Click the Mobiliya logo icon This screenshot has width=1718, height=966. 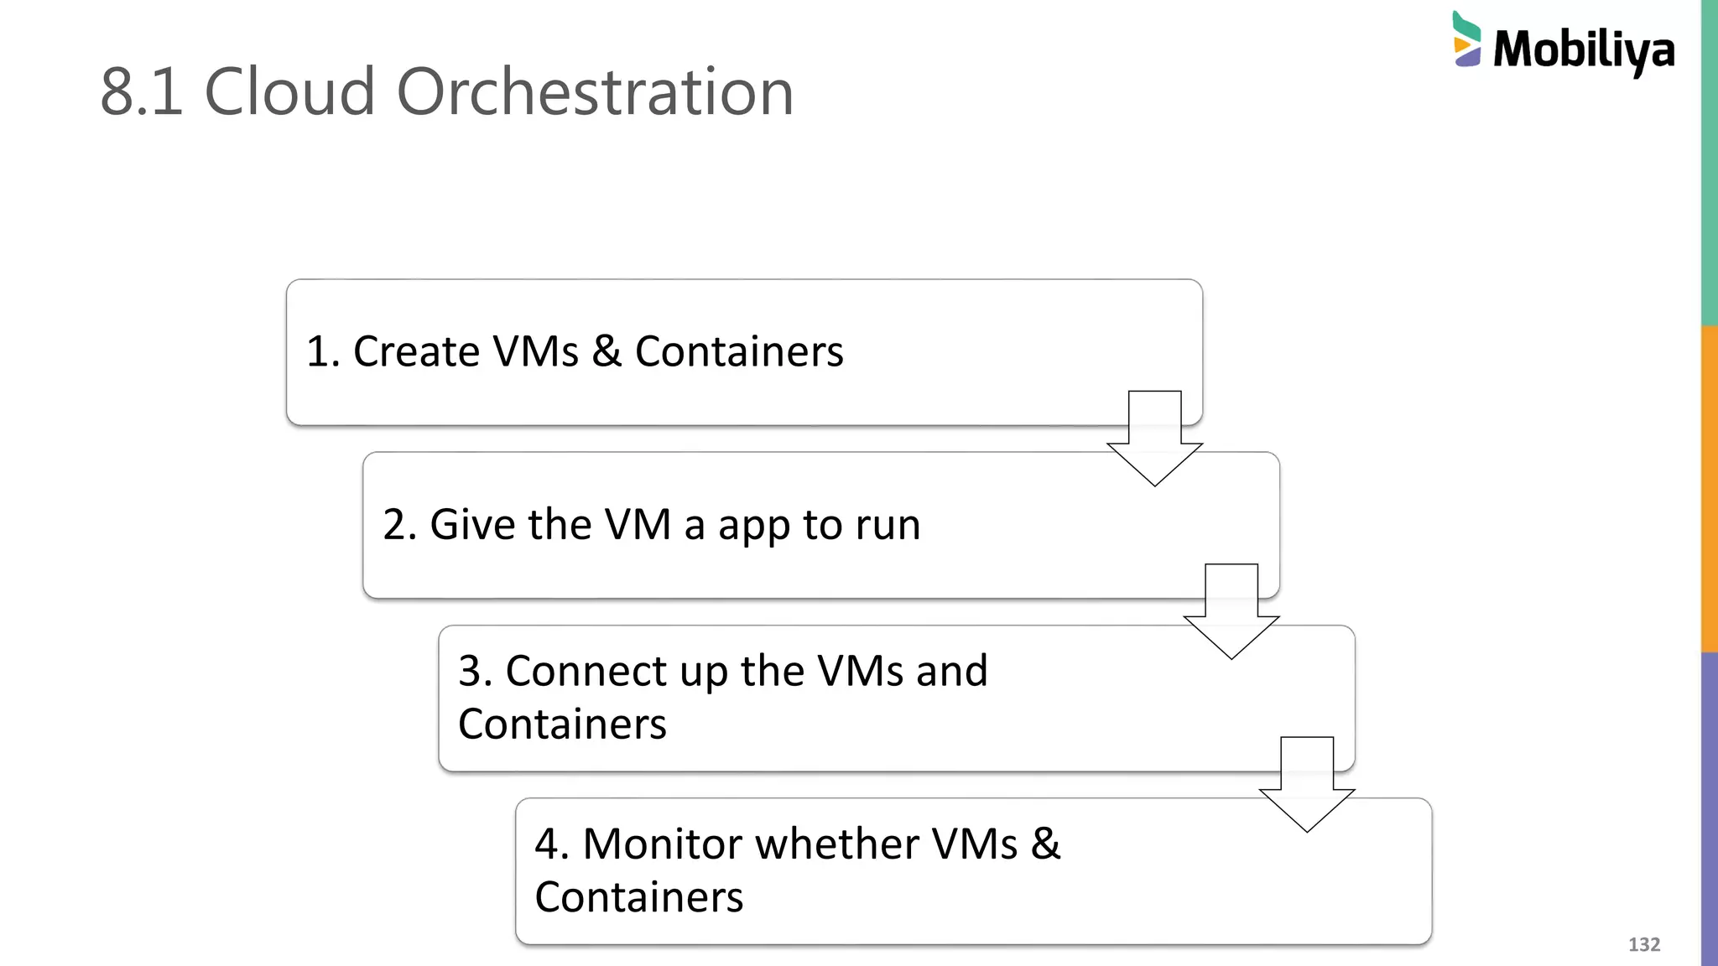(x=1466, y=39)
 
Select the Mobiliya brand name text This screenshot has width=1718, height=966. (x=1583, y=49)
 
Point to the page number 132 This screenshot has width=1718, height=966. (x=1643, y=944)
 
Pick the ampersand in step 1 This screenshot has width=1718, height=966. (x=607, y=351)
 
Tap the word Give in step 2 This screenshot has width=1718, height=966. (x=472, y=525)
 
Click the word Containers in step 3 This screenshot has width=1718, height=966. (x=562, y=724)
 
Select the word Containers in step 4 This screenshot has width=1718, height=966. (x=638, y=897)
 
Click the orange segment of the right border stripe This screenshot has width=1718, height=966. (x=1709, y=488)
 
